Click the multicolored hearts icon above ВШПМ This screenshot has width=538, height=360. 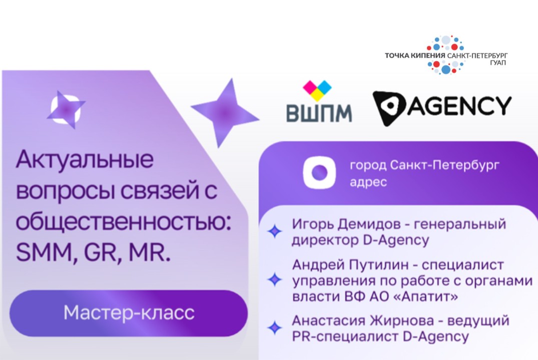pyautogui.click(x=317, y=90)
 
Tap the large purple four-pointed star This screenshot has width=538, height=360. pyautogui.click(x=225, y=112)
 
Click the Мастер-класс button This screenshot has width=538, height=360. pyautogui.click(x=129, y=313)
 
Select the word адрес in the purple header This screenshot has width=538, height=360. pyautogui.click(x=368, y=182)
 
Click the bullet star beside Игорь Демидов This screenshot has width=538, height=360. pyautogui.click(x=274, y=231)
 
